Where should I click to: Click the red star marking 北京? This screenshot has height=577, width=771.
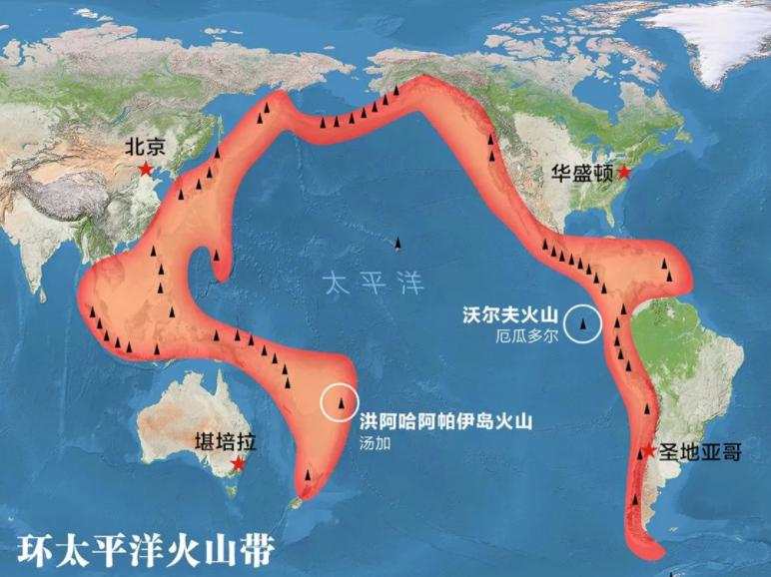(146, 170)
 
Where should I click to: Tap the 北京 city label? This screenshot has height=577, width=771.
(145, 146)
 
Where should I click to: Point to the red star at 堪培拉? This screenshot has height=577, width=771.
(238, 464)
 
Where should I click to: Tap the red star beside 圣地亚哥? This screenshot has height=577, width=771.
(648, 452)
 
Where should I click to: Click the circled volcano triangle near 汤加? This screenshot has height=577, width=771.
(342, 402)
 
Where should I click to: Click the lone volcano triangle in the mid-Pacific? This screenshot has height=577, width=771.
(398, 244)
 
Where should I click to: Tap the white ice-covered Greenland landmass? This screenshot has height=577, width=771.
(724, 40)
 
